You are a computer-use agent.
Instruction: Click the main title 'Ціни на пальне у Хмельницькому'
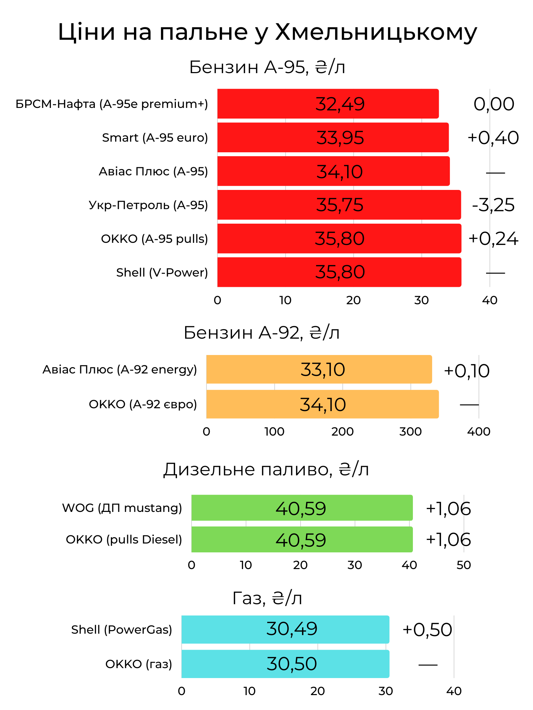(267, 32)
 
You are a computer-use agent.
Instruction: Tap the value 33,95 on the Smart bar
(340, 138)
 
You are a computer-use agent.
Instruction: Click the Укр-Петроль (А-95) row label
(148, 205)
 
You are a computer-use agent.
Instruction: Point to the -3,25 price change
(493, 205)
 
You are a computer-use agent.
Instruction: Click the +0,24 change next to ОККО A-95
(493, 239)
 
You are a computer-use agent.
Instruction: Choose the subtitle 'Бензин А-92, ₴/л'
(262, 333)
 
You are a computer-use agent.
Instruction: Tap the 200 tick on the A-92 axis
(343, 432)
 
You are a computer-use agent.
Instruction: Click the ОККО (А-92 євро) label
(143, 404)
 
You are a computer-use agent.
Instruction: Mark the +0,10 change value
(467, 371)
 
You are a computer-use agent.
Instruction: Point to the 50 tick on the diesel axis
(464, 565)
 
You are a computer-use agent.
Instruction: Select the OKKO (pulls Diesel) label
(124, 540)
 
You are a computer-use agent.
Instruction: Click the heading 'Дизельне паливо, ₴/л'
(266, 470)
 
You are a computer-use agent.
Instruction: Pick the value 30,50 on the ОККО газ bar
(292, 664)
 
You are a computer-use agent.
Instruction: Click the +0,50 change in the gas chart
(427, 630)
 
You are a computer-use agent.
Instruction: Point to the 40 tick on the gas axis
(454, 691)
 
